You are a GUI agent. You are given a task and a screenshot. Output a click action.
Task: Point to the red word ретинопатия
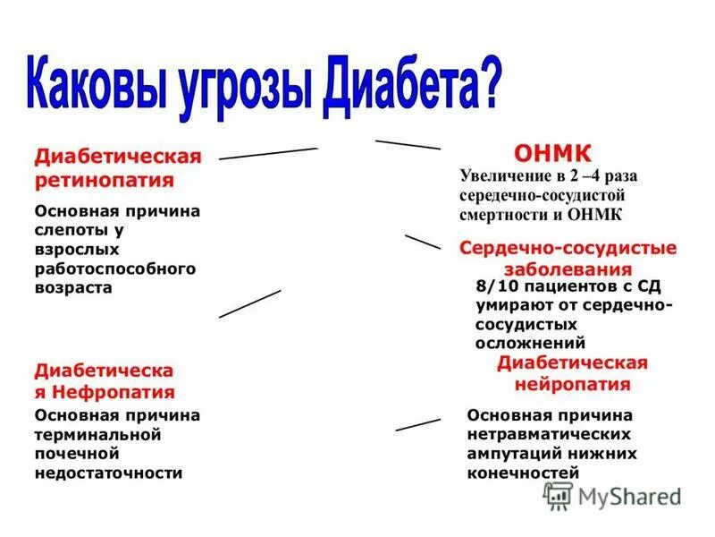pos(105,179)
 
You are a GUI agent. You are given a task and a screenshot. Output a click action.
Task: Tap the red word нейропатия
pos(572,384)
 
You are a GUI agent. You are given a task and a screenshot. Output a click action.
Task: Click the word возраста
pos(73,288)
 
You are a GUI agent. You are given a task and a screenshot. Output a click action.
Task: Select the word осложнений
pos(530,343)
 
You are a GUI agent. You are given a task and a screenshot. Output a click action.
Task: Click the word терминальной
pos(97,434)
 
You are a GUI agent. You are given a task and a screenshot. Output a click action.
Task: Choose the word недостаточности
pos(108,473)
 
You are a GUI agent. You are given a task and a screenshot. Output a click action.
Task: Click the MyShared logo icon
pos(558,496)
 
